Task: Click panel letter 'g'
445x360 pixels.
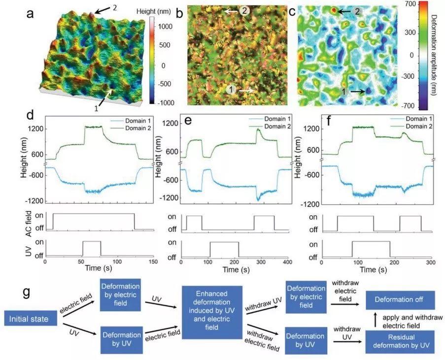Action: click(27, 292)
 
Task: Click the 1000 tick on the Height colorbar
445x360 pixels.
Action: click(165, 27)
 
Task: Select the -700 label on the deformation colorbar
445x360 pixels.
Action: click(408, 106)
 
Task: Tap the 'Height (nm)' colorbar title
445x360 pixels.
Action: click(154, 11)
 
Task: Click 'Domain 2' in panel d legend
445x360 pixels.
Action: click(138, 128)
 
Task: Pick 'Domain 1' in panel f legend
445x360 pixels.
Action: click(419, 119)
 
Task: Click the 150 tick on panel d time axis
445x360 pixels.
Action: click(153, 262)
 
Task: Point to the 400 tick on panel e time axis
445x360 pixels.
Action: click(287, 262)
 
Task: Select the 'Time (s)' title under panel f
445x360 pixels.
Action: click(373, 269)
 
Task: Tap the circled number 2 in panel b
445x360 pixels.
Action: click(244, 11)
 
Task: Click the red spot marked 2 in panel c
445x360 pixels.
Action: click(334, 10)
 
